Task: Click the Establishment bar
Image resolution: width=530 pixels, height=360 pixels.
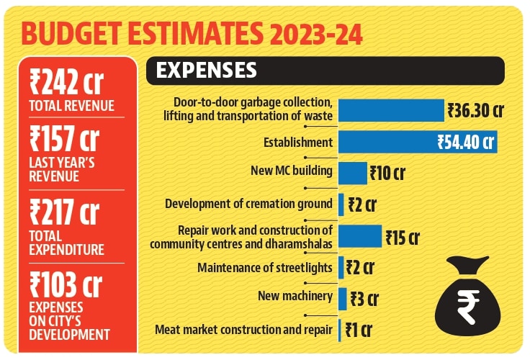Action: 418,142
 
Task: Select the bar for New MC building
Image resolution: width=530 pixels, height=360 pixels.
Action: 353,173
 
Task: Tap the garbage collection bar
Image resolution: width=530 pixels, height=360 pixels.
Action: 392,110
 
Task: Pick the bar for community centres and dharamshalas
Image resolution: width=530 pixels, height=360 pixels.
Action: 360,236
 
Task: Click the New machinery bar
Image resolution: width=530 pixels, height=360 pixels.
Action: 342,299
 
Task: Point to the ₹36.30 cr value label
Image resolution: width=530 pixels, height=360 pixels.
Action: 475,111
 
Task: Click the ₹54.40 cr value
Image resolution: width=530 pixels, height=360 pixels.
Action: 466,142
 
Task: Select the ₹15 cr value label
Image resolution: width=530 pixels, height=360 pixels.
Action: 403,238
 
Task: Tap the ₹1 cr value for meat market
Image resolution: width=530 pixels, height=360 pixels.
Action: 359,330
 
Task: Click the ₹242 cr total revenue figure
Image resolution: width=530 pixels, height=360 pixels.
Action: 66,81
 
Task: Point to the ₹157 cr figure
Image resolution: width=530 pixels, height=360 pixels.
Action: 64,138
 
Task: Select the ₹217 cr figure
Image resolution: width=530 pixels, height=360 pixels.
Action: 64,212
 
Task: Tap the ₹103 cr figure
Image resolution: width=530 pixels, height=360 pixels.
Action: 66,284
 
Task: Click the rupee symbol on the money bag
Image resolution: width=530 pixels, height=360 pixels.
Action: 468,307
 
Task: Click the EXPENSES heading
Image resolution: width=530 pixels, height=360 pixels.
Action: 206,71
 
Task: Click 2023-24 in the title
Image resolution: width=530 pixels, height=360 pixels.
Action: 316,33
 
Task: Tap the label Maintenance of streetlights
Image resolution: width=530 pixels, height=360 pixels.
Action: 265,268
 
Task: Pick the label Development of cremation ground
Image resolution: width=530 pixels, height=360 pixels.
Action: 248,204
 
